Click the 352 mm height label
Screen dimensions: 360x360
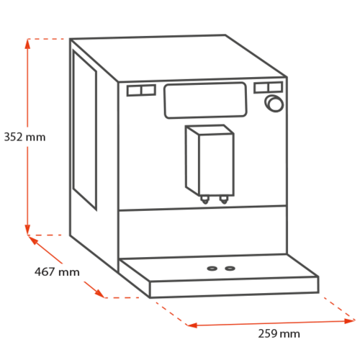(24, 137)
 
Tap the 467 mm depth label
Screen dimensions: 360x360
(57, 272)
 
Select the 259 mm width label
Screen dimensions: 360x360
(279, 333)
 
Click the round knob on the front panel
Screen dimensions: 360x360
(274, 104)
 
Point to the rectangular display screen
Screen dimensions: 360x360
(205, 100)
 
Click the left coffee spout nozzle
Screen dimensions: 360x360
(204, 199)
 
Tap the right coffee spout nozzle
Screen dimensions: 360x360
(224, 199)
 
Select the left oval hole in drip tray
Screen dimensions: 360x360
(212, 269)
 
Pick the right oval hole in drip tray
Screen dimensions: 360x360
(230, 268)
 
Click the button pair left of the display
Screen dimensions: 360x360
(141, 91)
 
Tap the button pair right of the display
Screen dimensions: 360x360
(269, 87)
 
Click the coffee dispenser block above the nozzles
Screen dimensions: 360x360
(210, 161)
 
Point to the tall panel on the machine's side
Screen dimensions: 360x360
(85, 130)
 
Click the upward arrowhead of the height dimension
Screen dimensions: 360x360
(27, 44)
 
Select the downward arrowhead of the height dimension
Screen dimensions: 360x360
(27, 230)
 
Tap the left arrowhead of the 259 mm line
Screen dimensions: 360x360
(192, 325)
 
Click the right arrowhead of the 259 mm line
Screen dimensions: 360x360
(349, 321)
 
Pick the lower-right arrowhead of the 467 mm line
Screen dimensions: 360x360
(100, 294)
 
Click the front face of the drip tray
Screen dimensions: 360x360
(234, 287)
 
